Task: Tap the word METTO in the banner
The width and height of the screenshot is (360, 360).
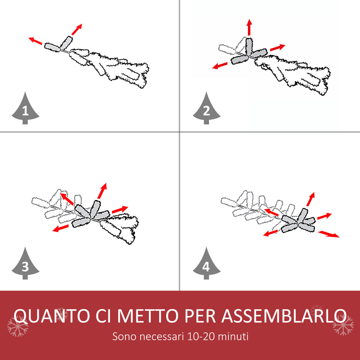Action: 148,316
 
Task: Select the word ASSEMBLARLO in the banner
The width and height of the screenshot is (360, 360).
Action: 284,316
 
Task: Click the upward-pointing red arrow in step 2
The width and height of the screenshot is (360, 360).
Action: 249,27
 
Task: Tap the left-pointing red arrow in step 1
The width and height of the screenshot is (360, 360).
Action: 35,41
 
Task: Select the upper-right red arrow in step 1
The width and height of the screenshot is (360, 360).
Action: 77,29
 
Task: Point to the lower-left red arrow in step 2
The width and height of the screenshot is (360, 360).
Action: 220,66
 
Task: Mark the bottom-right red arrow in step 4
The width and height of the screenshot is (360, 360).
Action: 329,234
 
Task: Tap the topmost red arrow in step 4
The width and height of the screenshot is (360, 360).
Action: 311,199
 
